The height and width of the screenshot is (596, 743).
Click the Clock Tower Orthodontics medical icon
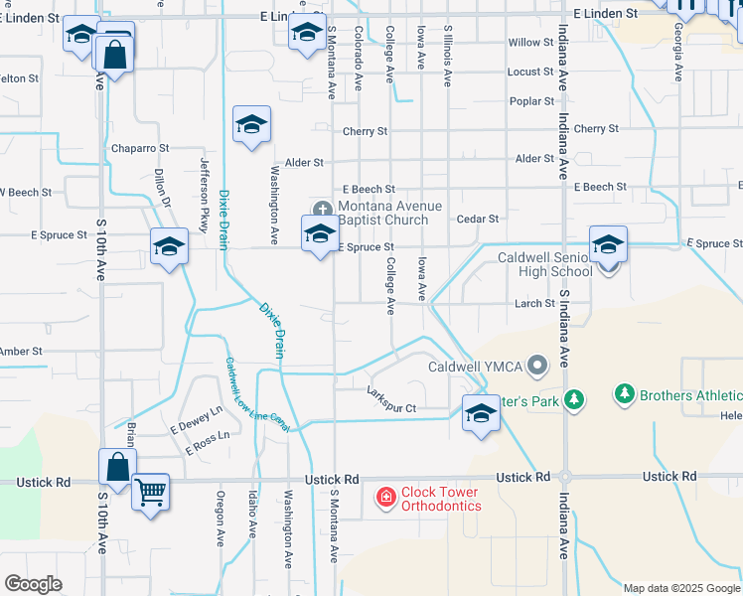click(x=384, y=495)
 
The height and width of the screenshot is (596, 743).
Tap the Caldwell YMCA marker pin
click(x=537, y=367)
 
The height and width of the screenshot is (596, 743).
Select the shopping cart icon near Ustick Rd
click(x=150, y=491)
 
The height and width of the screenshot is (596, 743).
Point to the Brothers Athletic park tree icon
click(x=625, y=395)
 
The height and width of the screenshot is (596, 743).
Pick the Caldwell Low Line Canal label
click(x=255, y=394)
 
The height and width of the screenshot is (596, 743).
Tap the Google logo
click(x=33, y=584)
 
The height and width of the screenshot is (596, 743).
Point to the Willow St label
click(x=530, y=43)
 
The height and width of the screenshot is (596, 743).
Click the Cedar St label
click(x=477, y=219)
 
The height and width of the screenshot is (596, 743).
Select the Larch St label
click(x=534, y=303)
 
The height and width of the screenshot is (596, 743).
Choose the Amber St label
click(x=21, y=351)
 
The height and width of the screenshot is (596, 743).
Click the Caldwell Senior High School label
click(x=544, y=264)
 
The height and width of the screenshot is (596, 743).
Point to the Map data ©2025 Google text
click(x=680, y=588)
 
